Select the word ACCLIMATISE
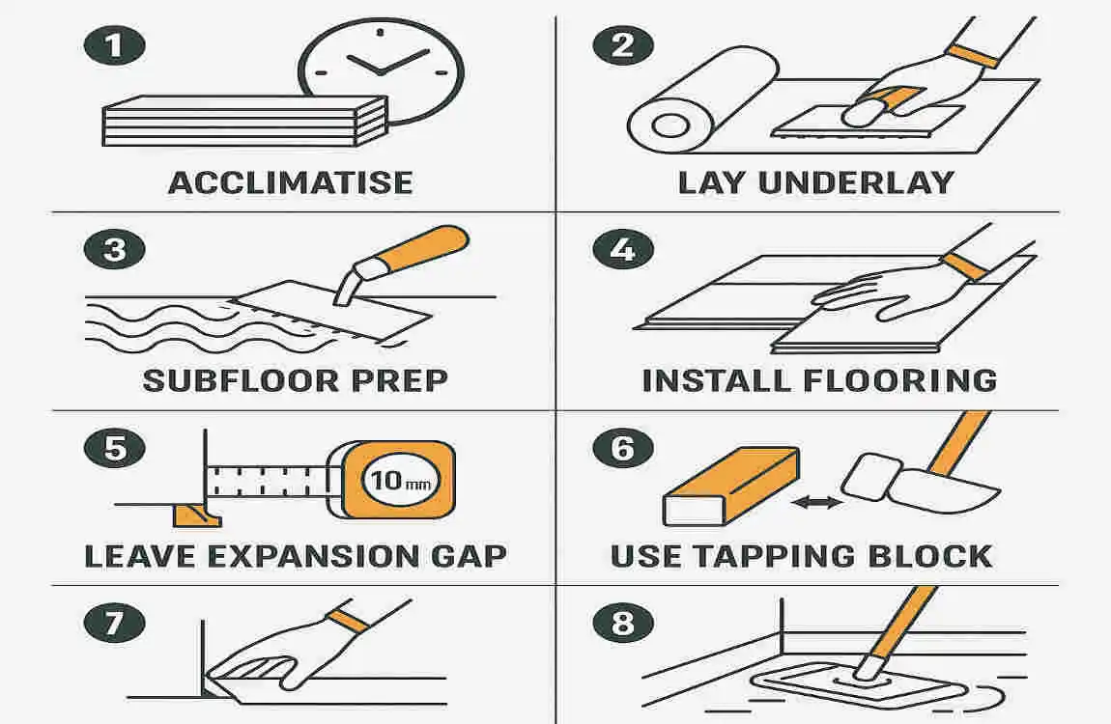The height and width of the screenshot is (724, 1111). [290, 182]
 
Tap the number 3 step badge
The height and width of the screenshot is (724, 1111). [115, 250]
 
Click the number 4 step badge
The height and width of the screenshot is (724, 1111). [622, 250]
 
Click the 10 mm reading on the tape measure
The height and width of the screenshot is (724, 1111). [400, 480]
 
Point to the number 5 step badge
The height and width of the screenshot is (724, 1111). [115, 449]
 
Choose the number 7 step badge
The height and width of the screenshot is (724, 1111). [115, 623]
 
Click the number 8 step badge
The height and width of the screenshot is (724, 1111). [622, 623]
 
